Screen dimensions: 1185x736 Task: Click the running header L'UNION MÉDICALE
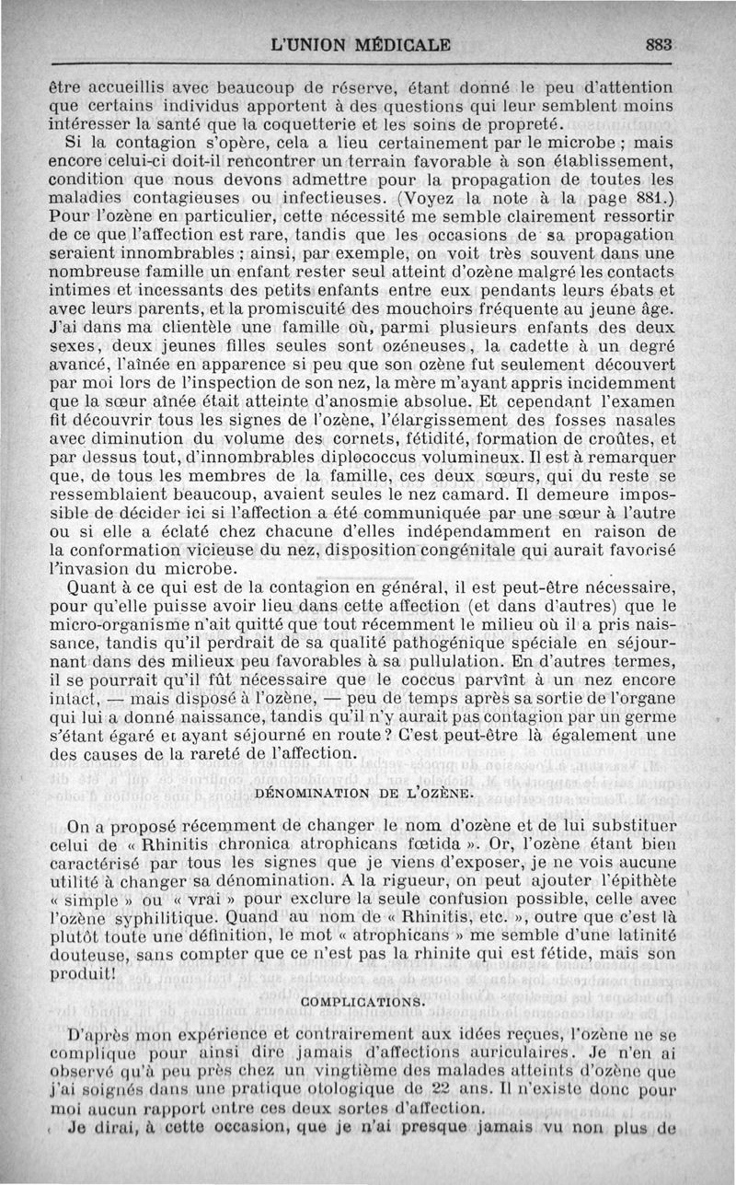click(x=362, y=43)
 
